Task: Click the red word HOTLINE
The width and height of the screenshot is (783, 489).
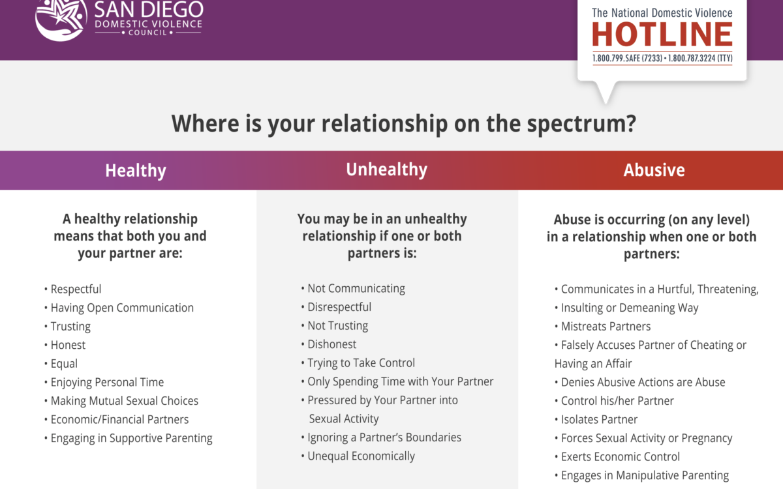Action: (662, 34)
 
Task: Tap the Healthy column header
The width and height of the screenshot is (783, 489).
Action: (136, 170)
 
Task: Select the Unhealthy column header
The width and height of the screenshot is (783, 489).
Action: (386, 170)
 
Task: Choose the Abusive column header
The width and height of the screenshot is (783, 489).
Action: (654, 170)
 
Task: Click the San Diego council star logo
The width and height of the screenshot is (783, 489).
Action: (61, 19)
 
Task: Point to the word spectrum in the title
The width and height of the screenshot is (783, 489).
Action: (581, 124)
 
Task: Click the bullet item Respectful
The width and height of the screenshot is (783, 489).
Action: (72, 289)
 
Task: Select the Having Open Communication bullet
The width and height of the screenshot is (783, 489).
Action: (119, 308)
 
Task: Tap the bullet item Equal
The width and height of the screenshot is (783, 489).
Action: (61, 364)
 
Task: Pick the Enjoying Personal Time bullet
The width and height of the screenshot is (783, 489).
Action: (104, 382)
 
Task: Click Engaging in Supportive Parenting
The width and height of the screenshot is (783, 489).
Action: (129, 438)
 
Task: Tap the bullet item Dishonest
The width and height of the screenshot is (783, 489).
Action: (329, 344)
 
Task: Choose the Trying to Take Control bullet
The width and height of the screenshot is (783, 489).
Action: (358, 363)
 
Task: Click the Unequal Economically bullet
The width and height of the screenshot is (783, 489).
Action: (358, 456)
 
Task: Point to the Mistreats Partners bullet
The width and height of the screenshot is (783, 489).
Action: (603, 326)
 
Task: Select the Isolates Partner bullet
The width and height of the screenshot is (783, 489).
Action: (596, 419)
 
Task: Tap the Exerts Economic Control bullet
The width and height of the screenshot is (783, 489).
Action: (617, 456)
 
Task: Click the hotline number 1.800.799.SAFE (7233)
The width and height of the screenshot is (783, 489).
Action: (627, 58)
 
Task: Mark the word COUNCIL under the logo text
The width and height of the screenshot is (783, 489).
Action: (147, 33)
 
